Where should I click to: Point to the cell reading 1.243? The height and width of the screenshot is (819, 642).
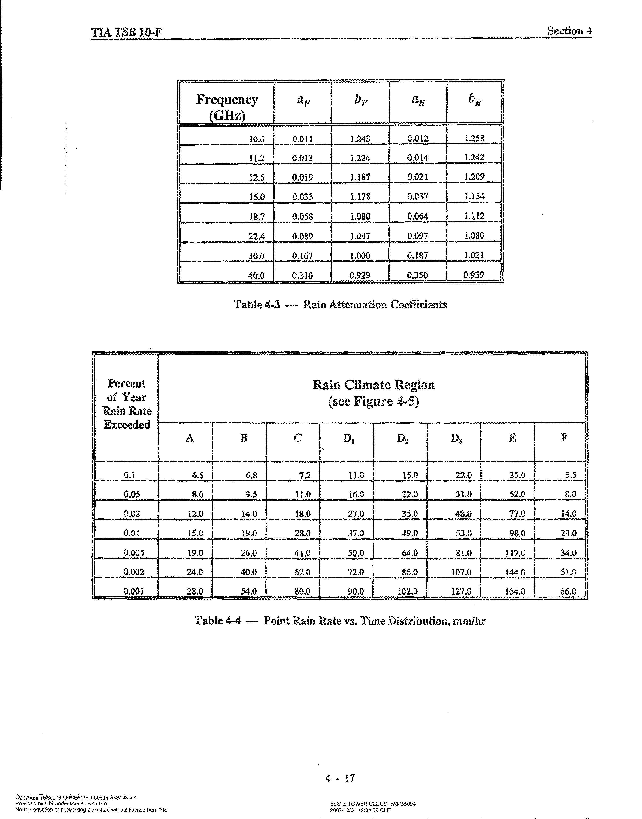(x=360, y=139)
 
